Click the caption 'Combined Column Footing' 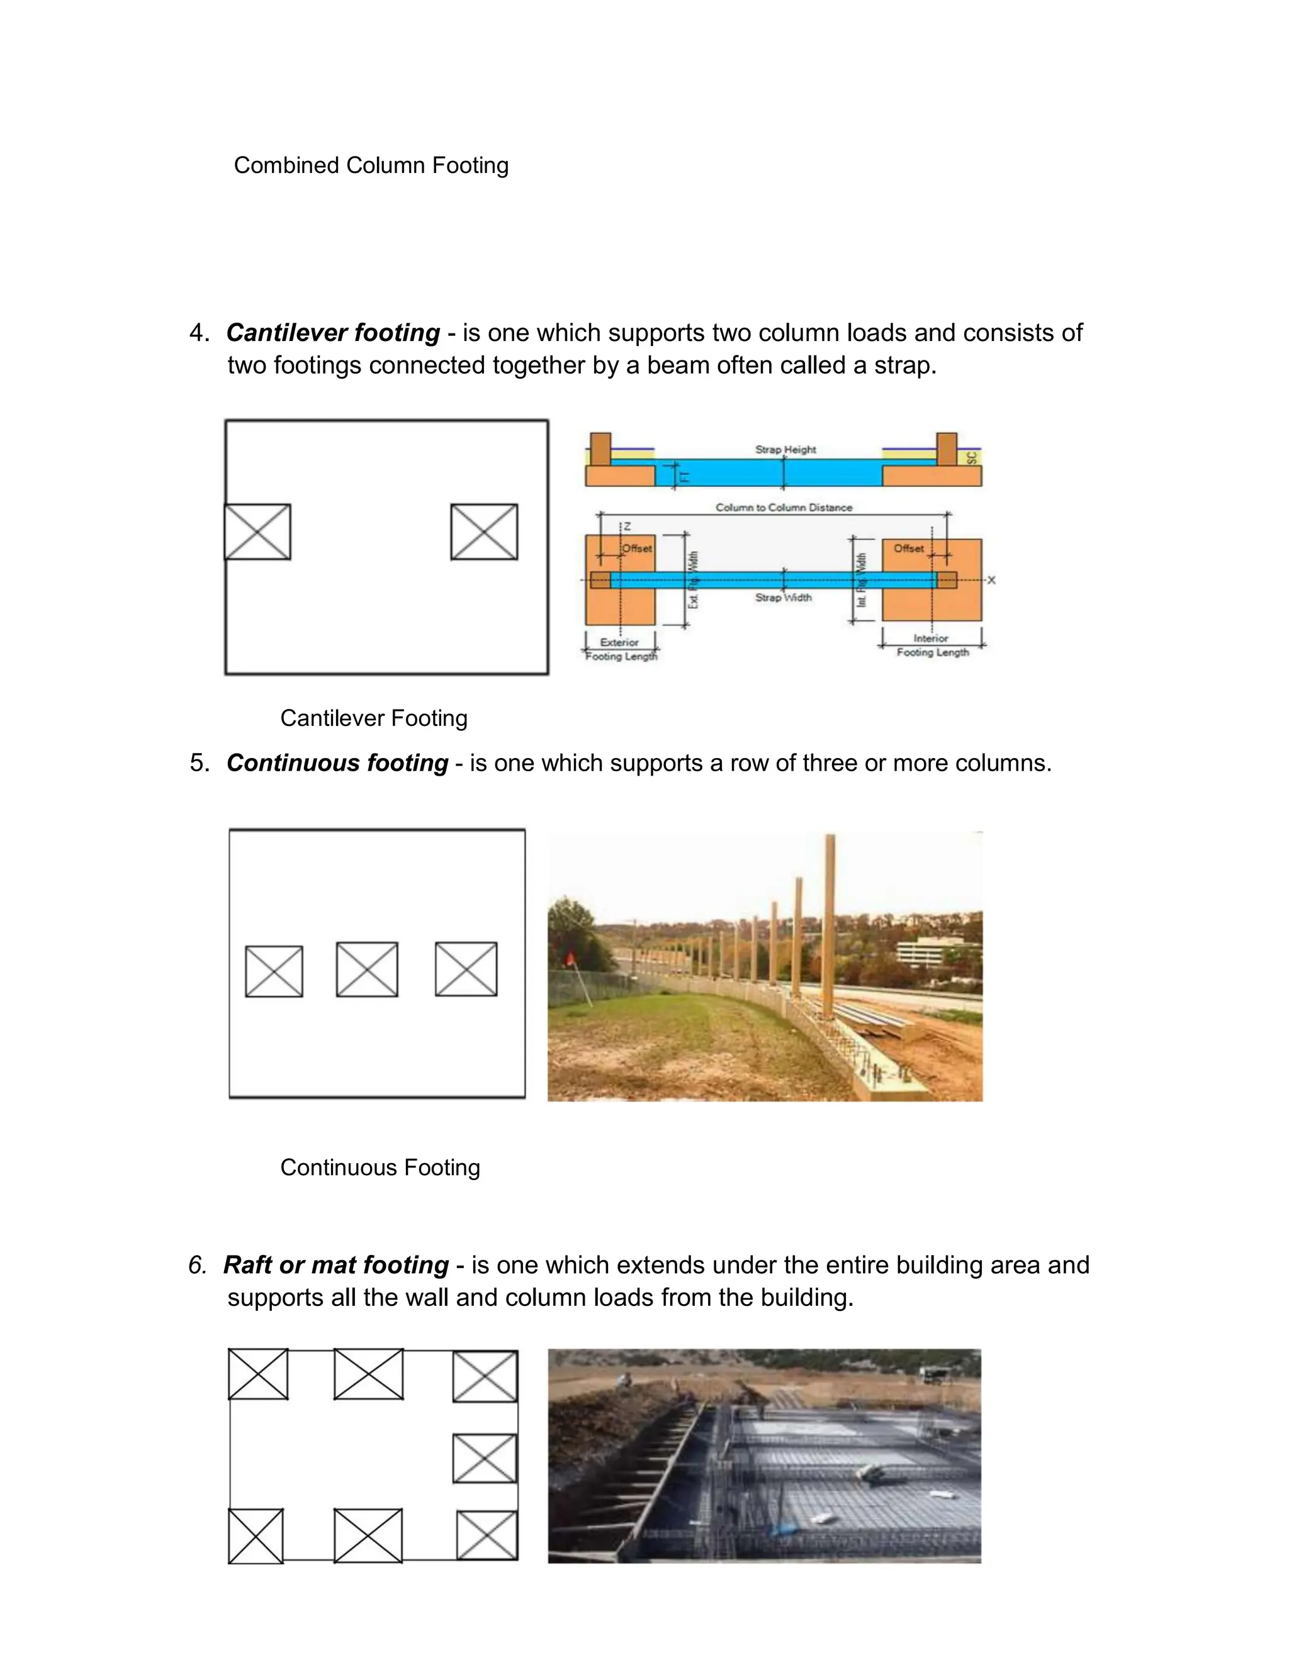pos(371,165)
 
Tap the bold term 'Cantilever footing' pos(333,333)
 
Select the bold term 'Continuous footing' pos(337,763)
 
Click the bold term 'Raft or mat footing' pos(336,1265)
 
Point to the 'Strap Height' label pos(785,450)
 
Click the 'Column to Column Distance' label pos(784,508)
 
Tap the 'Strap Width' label pos(784,598)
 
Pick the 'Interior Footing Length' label pos(932,645)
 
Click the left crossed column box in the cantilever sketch pos(257,532)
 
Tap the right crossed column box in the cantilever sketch pos(484,532)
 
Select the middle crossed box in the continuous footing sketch pos(366,969)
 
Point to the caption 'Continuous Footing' pos(380,1167)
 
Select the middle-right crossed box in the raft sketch pos(485,1458)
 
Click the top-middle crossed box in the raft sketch pos(369,1374)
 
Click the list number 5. pos(198,763)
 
